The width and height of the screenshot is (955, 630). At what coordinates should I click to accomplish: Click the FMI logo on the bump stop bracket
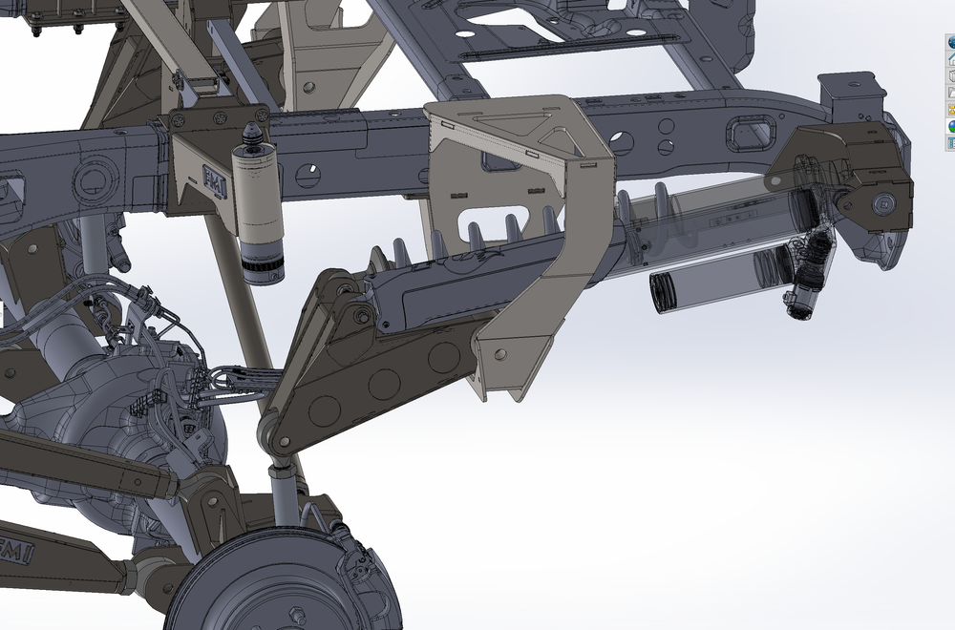pos(211,179)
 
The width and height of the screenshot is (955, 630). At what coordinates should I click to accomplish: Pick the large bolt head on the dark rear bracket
pos(883,202)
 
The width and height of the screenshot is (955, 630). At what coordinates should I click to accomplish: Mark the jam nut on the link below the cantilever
pos(280,468)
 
